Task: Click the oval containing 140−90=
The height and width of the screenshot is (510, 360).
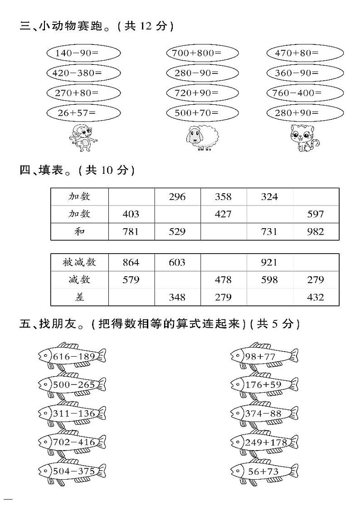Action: pyautogui.click(x=83, y=53)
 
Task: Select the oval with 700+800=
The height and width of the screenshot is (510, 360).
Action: pyautogui.click(x=202, y=53)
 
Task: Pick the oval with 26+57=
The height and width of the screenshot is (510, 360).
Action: pyautogui.click(x=83, y=113)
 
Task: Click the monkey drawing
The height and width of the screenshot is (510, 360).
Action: pyautogui.click(x=83, y=138)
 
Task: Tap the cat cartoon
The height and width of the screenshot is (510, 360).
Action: pyautogui.click(x=305, y=138)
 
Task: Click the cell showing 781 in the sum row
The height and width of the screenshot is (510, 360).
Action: pyautogui.click(x=131, y=231)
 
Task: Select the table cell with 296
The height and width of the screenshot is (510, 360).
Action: pyautogui.click(x=177, y=197)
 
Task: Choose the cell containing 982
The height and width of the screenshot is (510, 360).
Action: pyautogui.click(x=316, y=231)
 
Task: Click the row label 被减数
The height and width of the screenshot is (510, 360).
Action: pyautogui.click(x=79, y=262)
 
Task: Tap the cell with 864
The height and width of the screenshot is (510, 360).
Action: pyautogui.click(x=131, y=262)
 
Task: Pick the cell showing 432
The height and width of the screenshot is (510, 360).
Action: pyautogui.click(x=316, y=297)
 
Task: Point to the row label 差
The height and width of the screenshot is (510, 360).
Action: pyautogui.click(x=79, y=297)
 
